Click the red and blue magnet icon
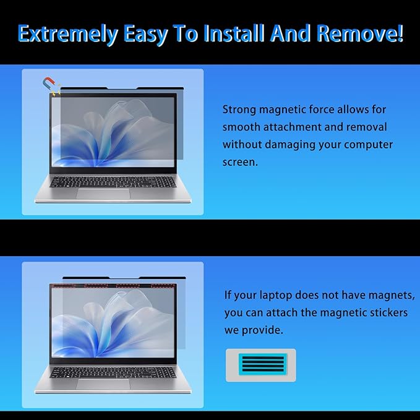coord(48,84)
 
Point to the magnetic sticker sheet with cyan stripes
coord(260,365)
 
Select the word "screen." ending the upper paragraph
coord(241,162)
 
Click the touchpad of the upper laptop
coord(103,194)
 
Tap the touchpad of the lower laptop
coord(103,384)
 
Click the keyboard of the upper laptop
coord(104,181)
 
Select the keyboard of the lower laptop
coord(104,372)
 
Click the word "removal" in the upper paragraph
coord(365,127)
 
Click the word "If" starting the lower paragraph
coord(228,295)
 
